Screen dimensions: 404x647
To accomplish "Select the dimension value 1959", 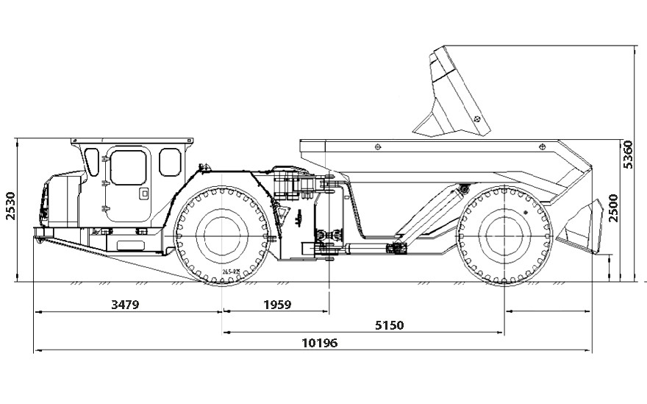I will pyautogui.click(x=276, y=304).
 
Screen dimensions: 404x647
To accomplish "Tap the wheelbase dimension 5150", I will pyautogui.click(x=389, y=325).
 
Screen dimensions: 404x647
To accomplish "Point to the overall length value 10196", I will pyautogui.click(x=320, y=343).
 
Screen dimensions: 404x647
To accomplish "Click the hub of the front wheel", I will pyautogui.click(x=221, y=235).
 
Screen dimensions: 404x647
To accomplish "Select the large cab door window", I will pyautogui.click(x=128, y=167).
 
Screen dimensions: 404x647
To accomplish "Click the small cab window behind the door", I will pyautogui.click(x=170, y=162).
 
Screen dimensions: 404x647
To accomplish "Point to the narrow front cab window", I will pyautogui.click(x=92, y=162).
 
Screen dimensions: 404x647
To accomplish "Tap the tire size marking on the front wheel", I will pyautogui.click(x=231, y=272).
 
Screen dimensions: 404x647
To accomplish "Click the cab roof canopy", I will pyautogui.click(x=132, y=141).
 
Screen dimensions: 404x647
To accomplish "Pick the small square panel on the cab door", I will pyautogui.click(x=144, y=194).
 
